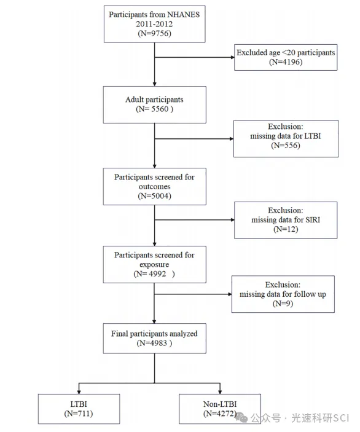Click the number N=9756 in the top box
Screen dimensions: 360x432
coord(154,33)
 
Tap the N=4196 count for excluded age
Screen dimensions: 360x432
coord(286,61)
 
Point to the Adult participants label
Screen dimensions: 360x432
coord(154,100)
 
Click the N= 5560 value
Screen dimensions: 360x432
coord(154,109)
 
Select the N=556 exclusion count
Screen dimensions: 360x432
coord(286,145)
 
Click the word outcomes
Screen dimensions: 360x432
coord(154,187)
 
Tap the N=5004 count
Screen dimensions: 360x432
coord(154,196)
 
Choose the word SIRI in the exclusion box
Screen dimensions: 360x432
coord(313,219)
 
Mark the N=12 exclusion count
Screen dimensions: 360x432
coord(286,229)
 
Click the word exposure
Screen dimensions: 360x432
coord(154,264)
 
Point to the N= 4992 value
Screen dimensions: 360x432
coord(154,274)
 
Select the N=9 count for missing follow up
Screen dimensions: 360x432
coord(283,304)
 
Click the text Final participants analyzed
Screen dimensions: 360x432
coord(154,334)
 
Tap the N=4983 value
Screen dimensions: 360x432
coord(154,343)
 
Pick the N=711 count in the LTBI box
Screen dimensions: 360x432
coord(79,414)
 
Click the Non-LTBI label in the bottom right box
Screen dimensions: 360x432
coord(220,404)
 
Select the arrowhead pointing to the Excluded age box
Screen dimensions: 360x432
coord(233,57)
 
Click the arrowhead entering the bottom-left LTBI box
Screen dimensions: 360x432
coord(79,392)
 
